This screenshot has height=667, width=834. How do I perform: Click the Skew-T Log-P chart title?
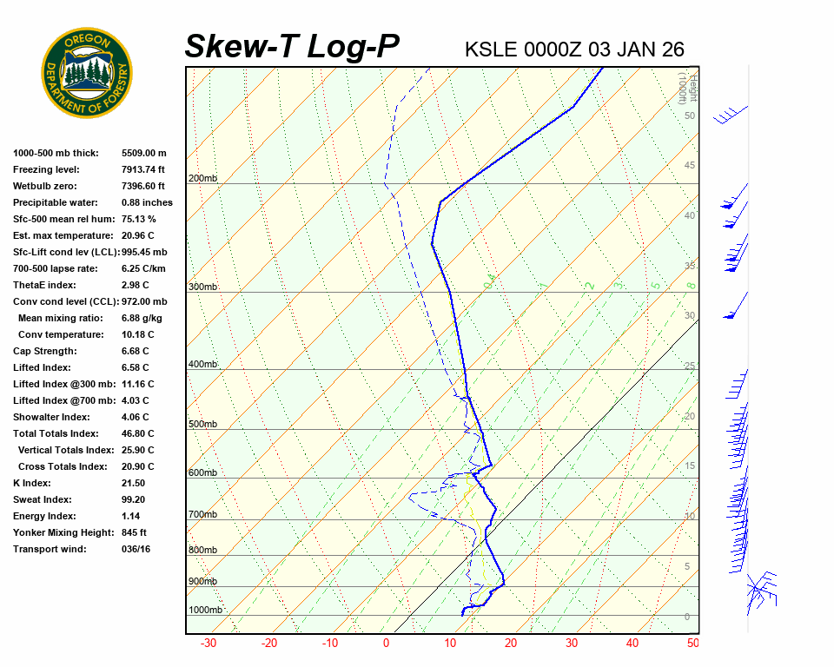coord(292,47)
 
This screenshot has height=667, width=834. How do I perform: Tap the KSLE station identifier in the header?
coord(493,50)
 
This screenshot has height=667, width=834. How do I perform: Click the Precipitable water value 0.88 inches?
coord(147,202)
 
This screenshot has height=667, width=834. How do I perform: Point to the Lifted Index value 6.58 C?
coord(135,367)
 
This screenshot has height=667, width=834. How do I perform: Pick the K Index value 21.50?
coord(133,483)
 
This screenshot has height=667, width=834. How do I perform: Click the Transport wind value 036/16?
coord(136,549)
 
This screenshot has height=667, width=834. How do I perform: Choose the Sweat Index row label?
coord(43,499)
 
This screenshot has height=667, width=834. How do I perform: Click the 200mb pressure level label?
coord(202,179)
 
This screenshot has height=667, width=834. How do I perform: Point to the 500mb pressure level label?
coord(202,424)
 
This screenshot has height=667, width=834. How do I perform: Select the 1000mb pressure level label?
coord(205,610)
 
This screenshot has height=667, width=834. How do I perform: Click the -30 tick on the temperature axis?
coord(208,644)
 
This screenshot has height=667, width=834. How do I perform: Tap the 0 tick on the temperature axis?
coord(387,644)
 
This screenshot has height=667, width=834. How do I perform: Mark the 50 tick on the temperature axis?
coord(692,644)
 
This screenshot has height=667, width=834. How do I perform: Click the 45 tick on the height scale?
coord(690,166)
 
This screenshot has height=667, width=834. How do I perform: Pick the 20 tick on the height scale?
coord(690,416)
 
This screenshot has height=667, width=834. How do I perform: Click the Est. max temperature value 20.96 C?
coord(137,235)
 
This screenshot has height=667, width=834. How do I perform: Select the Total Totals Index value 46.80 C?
coord(137,433)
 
